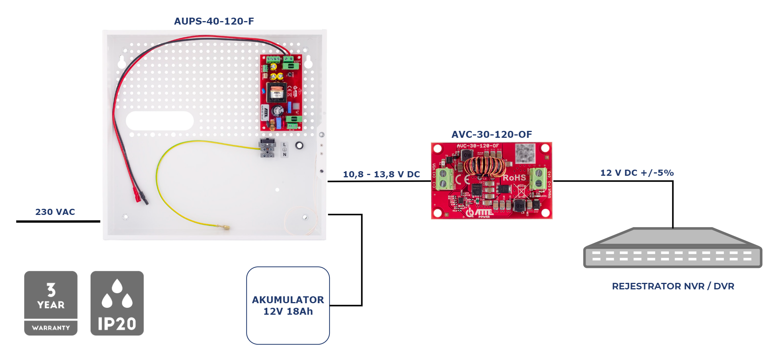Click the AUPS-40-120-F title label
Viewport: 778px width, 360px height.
click(x=214, y=21)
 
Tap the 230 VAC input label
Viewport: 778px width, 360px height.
click(x=55, y=212)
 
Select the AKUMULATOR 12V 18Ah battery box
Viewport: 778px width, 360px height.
click(x=288, y=306)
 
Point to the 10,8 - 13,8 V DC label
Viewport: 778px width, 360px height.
click(x=381, y=174)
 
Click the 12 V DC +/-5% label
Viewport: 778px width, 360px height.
click(x=637, y=173)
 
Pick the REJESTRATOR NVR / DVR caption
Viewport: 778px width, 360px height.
click(x=673, y=286)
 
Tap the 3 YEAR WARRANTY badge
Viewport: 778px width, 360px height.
click(x=51, y=303)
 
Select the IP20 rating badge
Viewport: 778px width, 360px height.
click(x=117, y=303)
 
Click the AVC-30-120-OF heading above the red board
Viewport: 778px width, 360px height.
click(x=492, y=134)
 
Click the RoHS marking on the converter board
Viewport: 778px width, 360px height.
click(x=514, y=178)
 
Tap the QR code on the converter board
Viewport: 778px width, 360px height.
click(x=525, y=152)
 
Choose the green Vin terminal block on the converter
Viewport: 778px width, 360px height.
click(x=444, y=178)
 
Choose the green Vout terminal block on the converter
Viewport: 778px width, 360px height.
click(x=538, y=178)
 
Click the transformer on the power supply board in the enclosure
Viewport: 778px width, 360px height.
click(x=276, y=92)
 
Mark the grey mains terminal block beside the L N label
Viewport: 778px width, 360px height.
click(x=267, y=148)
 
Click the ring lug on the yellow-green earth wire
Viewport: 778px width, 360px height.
click(x=226, y=227)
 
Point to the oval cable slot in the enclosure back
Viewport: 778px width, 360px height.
click(x=160, y=121)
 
